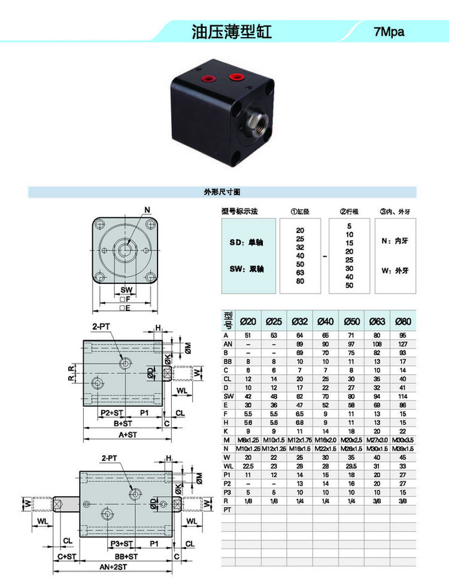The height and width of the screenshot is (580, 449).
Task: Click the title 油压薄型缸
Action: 231,32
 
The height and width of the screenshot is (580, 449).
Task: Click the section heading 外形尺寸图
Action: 222,193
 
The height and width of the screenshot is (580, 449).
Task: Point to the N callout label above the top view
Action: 147,209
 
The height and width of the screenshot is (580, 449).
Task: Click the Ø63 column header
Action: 377,322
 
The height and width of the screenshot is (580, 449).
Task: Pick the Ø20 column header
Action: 248,322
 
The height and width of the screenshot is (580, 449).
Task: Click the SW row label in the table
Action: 227,395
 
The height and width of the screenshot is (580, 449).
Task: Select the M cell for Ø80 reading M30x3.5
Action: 403,440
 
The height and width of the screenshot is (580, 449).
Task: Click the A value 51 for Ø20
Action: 248,336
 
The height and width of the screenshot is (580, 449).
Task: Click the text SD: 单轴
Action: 247,242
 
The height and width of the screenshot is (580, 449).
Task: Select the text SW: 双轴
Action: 247,269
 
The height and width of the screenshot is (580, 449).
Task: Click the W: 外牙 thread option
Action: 395,270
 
